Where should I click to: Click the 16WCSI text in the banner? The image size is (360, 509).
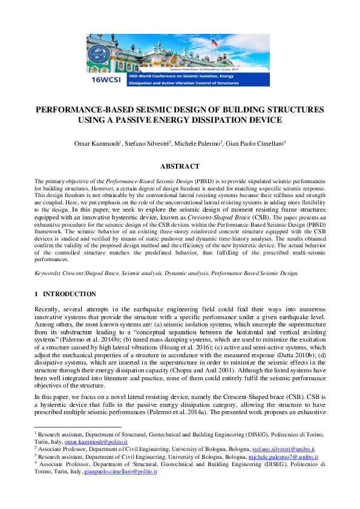[x=102, y=79]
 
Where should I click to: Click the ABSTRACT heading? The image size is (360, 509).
[x=180, y=166]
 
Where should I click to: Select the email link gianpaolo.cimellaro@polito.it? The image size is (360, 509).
[x=120, y=471]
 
